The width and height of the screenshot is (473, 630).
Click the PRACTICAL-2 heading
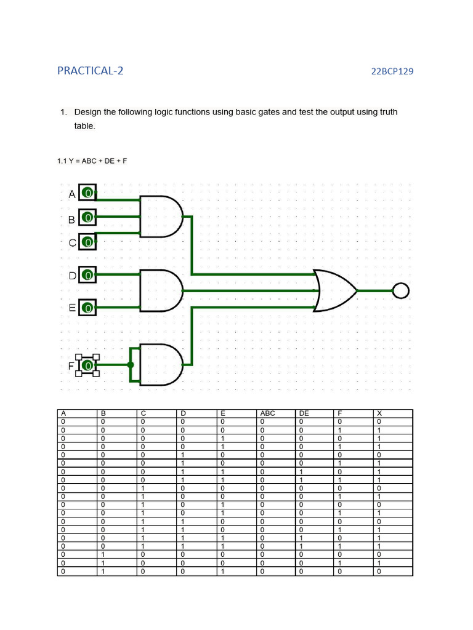[x=91, y=71]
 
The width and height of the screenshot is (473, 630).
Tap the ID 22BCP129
[x=392, y=71]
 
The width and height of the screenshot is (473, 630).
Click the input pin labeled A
[x=88, y=193]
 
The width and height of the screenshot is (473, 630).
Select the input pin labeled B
[x=88, y=218]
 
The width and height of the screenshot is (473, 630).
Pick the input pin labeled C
[x=88, y=242]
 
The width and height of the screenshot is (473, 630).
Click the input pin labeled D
[x=88, y=275]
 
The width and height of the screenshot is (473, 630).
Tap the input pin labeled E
[x=88, y=307]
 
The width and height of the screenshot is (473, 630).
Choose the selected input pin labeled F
[x=88, y=365]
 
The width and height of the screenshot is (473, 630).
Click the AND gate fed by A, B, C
[x=161, y=217]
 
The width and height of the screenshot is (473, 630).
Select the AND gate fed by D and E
[x=161, y=290]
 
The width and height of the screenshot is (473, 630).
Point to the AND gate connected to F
[x=161, y=365]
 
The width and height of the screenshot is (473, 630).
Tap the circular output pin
[x=401, y=290]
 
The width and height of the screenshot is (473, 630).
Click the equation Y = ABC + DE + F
[x=92, y=161]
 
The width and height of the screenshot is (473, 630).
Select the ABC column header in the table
[x=268, y=413]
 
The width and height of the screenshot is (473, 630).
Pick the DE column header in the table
[x=304, y=413]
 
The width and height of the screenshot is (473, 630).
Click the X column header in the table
[x=379, y=413]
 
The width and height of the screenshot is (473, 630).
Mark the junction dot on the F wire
[x=131, y=365]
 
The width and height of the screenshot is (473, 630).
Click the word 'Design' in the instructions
[x=88, y=112]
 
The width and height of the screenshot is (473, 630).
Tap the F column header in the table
[x=338, y=413]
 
